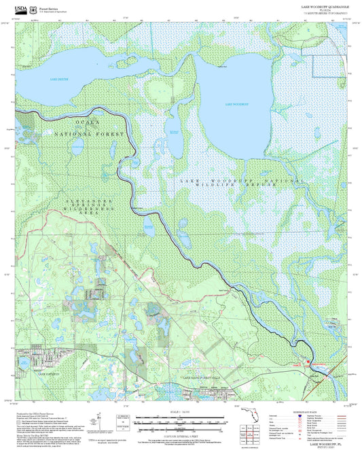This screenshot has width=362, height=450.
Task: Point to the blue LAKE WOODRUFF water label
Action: coord(236,104)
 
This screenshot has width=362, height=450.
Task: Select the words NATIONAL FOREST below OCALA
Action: coord(89,135)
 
